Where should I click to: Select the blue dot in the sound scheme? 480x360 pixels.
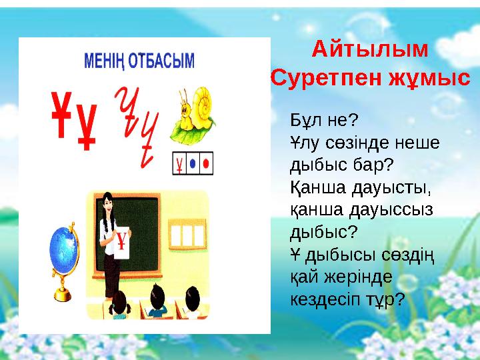[193, 163]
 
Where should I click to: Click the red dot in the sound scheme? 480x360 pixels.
[206, 163]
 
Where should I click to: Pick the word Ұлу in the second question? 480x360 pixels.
[303, 142]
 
